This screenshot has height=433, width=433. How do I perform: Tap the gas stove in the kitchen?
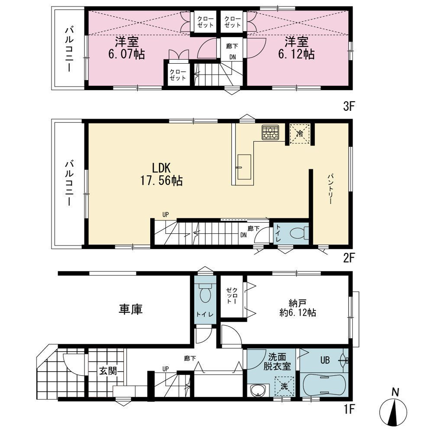click(270, 132)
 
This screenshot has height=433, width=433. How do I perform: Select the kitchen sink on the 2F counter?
click(244, 167)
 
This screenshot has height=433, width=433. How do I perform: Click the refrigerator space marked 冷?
click(300, 134)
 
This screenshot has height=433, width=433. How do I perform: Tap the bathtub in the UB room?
click(324, 385)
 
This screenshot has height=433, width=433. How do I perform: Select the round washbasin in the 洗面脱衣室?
click(258, 391)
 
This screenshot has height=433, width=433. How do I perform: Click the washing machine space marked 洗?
click(284, 386)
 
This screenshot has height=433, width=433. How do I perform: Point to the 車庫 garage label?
click(131, 309)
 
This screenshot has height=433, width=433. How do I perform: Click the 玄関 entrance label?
click(108, 371)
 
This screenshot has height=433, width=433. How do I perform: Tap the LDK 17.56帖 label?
click(162, 174)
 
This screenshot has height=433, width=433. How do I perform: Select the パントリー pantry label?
click(330, 189)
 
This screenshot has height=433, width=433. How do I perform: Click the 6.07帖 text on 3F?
click(126, 54)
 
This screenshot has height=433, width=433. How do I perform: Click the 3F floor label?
click(349, 107)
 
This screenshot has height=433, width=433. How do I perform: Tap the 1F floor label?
click(349, 409)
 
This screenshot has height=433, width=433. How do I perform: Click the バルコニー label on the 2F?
click(69, 183)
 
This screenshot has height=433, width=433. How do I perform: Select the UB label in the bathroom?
click(325, 360)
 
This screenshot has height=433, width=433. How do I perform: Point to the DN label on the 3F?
click(233, 57)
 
